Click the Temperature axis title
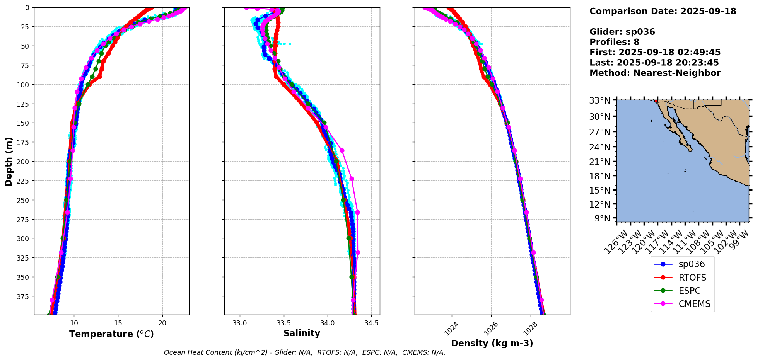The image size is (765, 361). (111, 334)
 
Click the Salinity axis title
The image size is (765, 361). (302, 334)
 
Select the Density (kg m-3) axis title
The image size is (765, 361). (492, 343)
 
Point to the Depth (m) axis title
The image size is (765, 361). (9, 161)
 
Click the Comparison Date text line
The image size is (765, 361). (663, 11)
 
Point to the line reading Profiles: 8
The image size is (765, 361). (614, 42)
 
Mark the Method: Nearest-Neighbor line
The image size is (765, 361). (655, 73)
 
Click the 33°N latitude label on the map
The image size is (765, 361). (599, 101)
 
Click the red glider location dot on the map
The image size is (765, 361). (656, 101)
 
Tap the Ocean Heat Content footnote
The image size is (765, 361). (304, 352)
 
